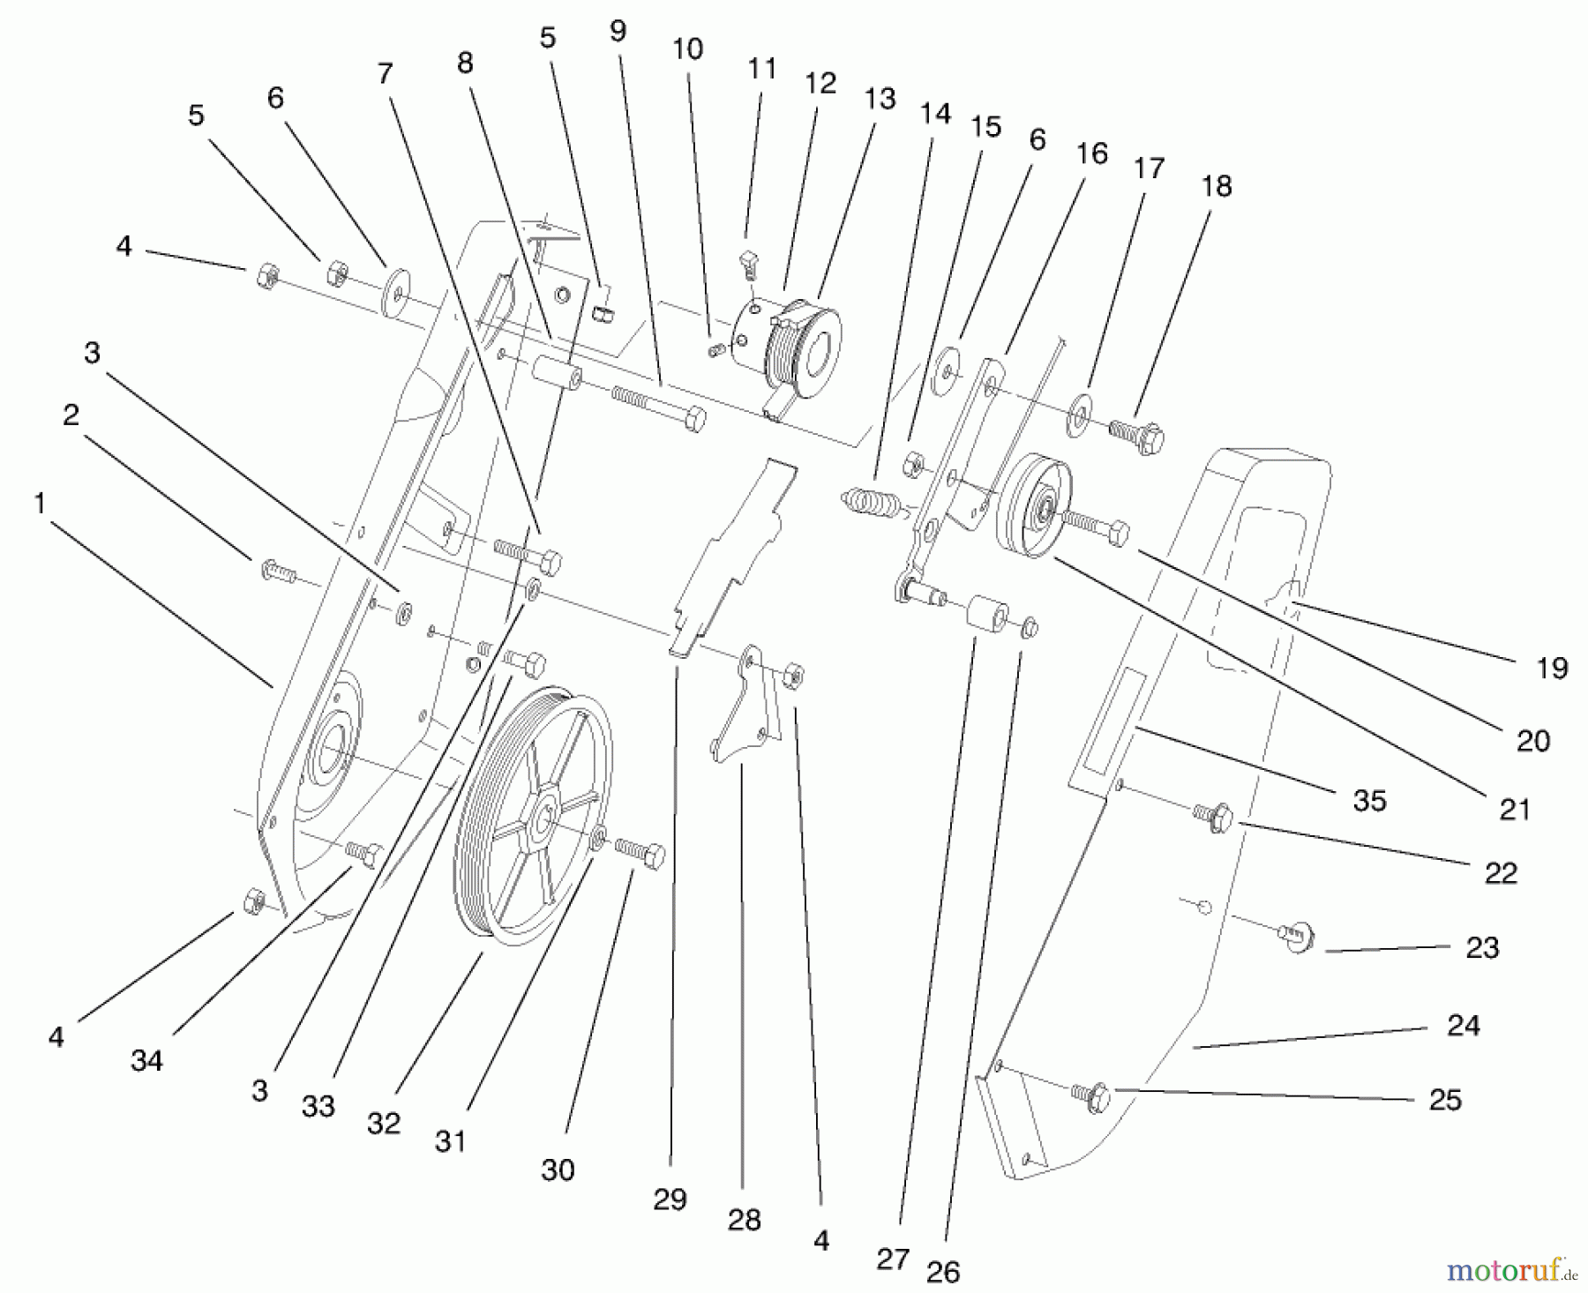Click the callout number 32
pos(384,1123)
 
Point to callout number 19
pos(1552,668)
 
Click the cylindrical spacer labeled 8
pos(554,375)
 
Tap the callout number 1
pos(39,504)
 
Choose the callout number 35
pos(1369,800)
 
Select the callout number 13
pos(880,99)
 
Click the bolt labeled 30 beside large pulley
pos(640,854)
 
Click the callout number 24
pos(1463,1025)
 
